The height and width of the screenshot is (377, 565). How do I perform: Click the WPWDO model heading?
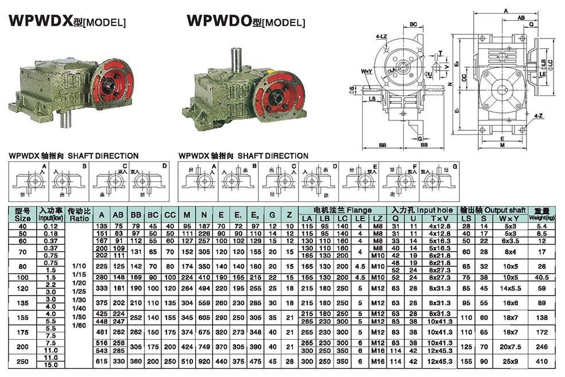coord(246,21)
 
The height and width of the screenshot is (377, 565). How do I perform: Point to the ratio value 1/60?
coord(79,325)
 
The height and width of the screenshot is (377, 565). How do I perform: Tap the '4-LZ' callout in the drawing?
coord(381,37)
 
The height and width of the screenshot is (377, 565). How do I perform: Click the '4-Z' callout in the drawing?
coord(538,116)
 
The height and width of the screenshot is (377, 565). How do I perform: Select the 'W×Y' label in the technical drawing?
coord(367,72)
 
